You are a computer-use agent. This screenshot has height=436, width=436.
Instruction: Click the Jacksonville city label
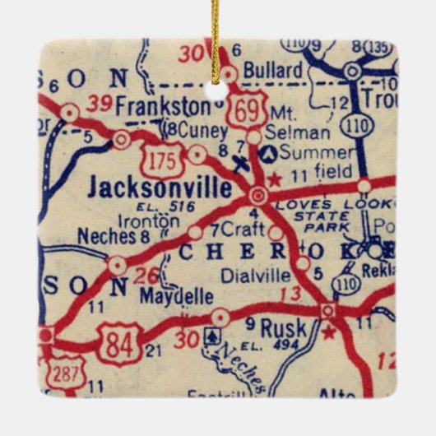click(160, 188)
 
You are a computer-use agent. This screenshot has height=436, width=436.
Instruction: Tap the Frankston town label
click(163, 107)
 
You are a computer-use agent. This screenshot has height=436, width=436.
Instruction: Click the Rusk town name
click(282, 328)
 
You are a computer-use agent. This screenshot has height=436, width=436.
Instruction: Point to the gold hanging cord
click(216, 33)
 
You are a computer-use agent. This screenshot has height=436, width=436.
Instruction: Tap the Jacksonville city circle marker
click(258, 195)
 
